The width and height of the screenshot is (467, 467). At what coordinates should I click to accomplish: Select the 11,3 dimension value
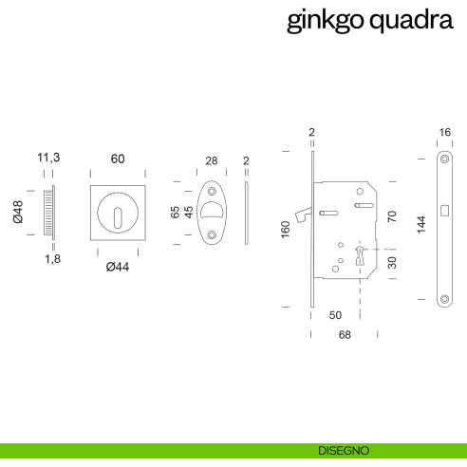pos(48,158)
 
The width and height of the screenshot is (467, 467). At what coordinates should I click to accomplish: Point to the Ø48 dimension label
pos(18,212)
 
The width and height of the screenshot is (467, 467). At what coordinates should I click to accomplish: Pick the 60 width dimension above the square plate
pos(118,158)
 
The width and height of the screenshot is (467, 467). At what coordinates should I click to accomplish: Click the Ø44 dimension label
pos(118,267)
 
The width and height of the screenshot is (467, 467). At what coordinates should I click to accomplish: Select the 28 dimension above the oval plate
pos(212,161)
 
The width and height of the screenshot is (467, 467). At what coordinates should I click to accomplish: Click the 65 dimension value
pos(176,211)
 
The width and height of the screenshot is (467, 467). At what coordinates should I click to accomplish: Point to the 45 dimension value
pos(188,211)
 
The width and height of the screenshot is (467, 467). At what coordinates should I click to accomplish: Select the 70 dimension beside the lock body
pos(391,216)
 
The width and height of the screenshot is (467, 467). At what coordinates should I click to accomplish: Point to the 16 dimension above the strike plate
pos(444,133)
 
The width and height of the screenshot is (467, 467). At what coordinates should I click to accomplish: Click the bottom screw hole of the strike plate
pos(444,299)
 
